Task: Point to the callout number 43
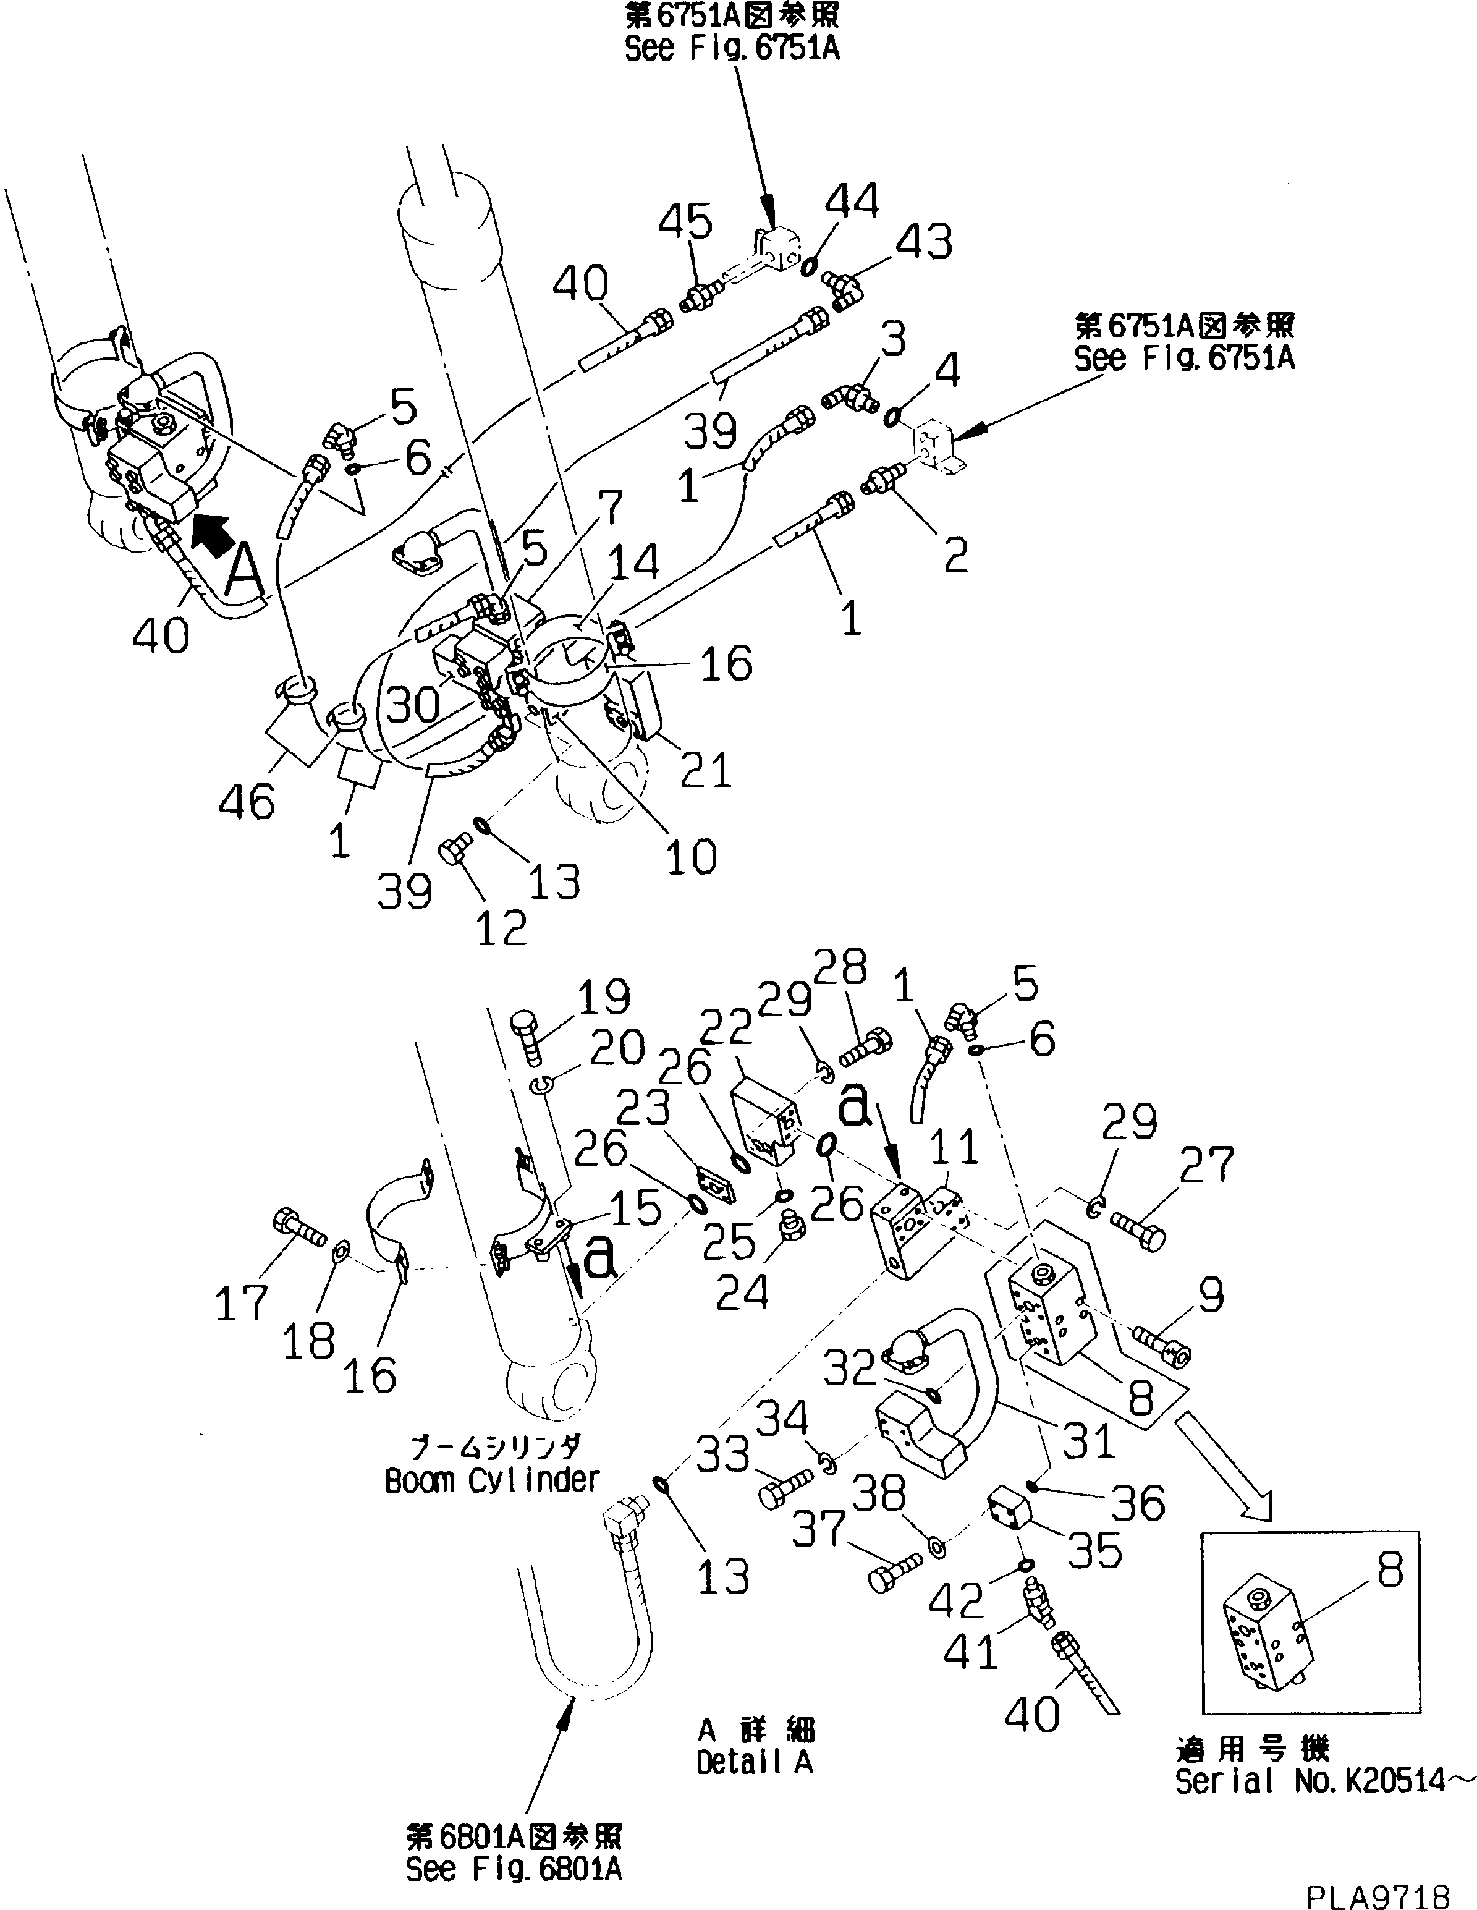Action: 925,241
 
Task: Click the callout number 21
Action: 706,770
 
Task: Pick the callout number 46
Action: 247,801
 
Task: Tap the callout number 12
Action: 501,928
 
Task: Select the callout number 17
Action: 242,1302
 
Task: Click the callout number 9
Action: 1211,1296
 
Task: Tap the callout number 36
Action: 1138,1503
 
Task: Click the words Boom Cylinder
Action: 493,1480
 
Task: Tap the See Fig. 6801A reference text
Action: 514,1869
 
